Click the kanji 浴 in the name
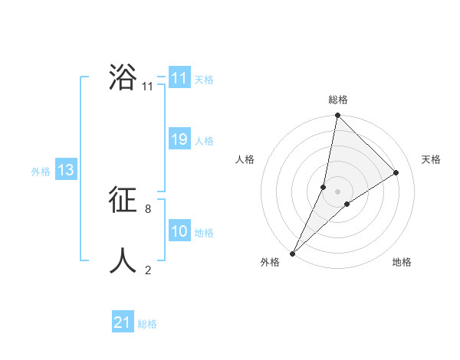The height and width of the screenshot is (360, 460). click(x=123, y=77)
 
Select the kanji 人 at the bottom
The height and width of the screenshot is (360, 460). click(x=123, y=261)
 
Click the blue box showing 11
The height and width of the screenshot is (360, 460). click(x=179, y=78)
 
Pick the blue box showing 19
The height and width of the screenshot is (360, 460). click(x=179, y=139)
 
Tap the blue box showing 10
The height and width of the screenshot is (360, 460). click(x=179, y=231)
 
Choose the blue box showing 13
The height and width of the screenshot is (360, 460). click(x=65, y=170)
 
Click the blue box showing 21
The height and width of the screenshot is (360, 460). click(x=123, y=322)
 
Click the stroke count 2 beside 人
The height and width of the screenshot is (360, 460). click(x=148, y=270)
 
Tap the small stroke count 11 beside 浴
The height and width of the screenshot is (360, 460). click(x=147, y=87)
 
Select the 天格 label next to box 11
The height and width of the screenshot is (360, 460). click(x=204, y=80)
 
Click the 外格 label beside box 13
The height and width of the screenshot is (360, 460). click(x=41, y=172)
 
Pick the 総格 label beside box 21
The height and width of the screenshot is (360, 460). click(x=147, y=324)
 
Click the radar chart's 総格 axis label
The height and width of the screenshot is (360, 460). click(x=338, y=100)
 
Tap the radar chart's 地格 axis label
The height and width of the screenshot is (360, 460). click(x=402, y=262)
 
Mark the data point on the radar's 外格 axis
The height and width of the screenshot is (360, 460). click(x=292, y=254)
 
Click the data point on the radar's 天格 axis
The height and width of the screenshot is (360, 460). click(x=396, y=173)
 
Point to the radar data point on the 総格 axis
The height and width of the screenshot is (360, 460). click(x=338, y=116)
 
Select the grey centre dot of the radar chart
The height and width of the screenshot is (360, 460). click(x=338, y=191)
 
